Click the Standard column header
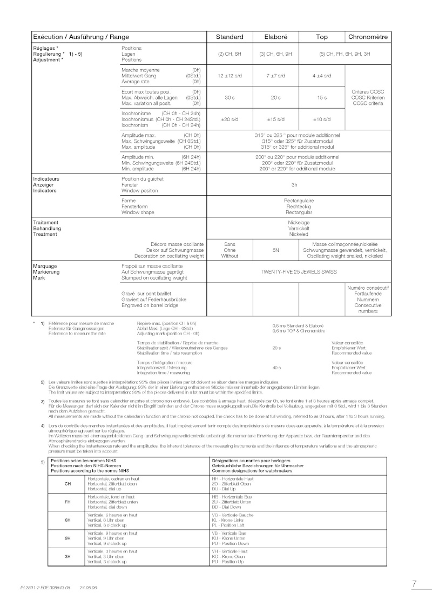click(x=230, y=37)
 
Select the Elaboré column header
click(x=276, y=37)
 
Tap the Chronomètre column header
click(x=367, y=37)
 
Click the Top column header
click(x=322, y=37)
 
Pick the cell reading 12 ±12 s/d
click(x=230, y=76)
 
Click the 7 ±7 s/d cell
click(x=276, y=76)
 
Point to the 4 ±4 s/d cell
click(x=322, y=76)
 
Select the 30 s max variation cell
click(x=230, y=97)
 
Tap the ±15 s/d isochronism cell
click(x=276, y=119)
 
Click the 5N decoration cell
click(x=276, y=250)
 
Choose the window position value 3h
click(x=295, y=184)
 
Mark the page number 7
click(x=414, y=584)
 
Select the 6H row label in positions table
click(x=68, y=520)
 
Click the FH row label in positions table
click(x=68, y=502)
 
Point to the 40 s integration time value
click(x=276, y=367)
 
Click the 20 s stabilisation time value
click(x=276, y=348)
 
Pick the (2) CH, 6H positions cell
click(x=230, y=54)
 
